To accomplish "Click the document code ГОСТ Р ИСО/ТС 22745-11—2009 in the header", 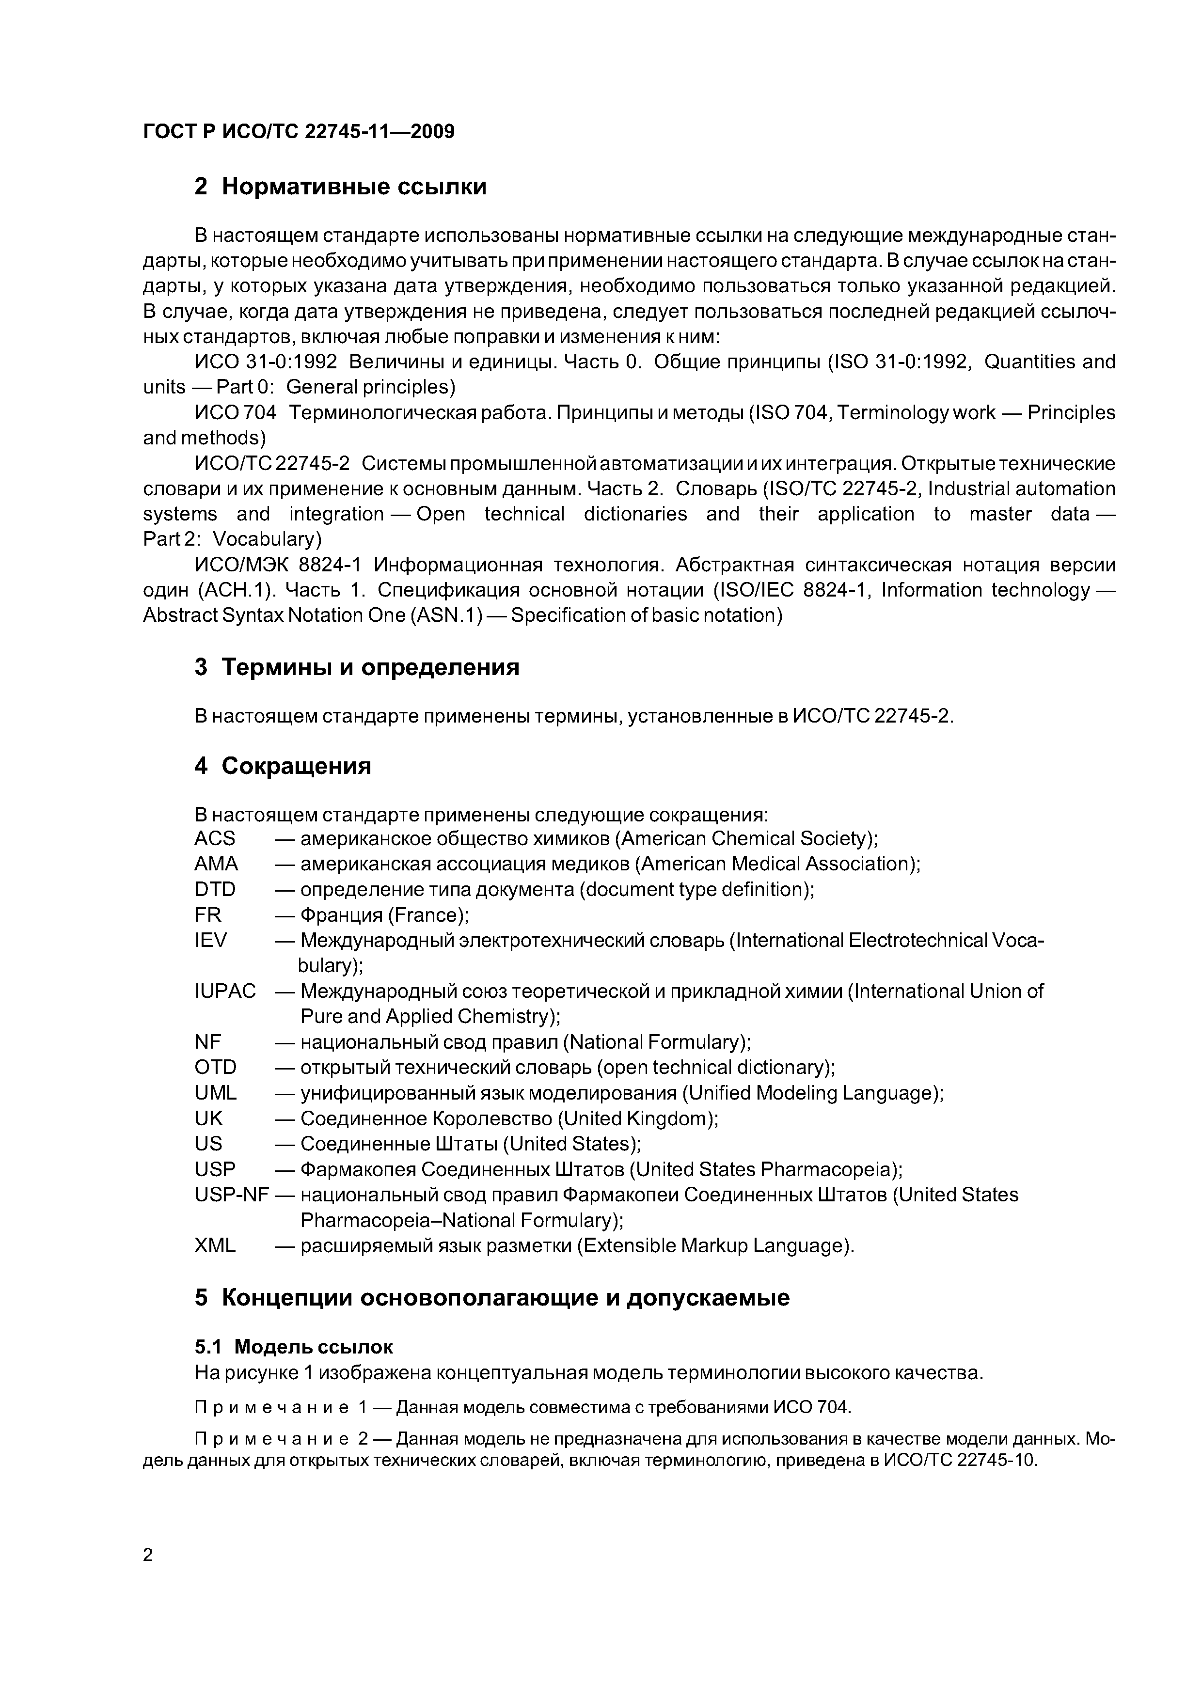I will coord(299,132).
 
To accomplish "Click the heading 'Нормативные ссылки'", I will coord(354,187).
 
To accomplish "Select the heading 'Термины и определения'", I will coord(370,667).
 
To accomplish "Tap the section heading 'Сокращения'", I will coord(296,766).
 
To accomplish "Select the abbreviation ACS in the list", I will coord(215,838).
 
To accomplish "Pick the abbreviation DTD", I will coord(215,889).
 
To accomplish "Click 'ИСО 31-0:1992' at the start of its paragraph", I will coord(265,362).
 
